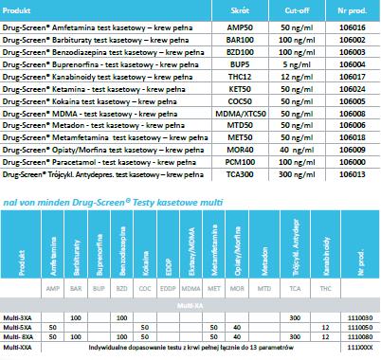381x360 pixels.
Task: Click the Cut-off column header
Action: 297,10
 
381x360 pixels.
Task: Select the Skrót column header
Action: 240,10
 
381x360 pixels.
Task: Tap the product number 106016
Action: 353,27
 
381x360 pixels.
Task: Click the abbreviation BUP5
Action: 240,64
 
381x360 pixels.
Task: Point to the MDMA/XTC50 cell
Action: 241,114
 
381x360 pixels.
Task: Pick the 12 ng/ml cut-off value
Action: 297,77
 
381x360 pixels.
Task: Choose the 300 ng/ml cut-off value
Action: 297,174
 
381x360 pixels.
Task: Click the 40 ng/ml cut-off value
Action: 297,150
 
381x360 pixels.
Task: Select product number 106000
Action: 353,162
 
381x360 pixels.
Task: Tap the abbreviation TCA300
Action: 240,174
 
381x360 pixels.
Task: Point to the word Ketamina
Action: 68,89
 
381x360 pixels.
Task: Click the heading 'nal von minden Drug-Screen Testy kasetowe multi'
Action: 113,202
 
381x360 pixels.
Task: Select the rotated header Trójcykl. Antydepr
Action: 296,247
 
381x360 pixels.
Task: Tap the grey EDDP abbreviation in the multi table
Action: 168,289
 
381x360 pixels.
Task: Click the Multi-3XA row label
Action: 17,318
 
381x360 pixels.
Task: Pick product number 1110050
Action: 360,328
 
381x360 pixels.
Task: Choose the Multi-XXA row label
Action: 17,348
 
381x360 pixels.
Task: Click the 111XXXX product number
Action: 360,348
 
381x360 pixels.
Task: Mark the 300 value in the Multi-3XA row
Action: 295,318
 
